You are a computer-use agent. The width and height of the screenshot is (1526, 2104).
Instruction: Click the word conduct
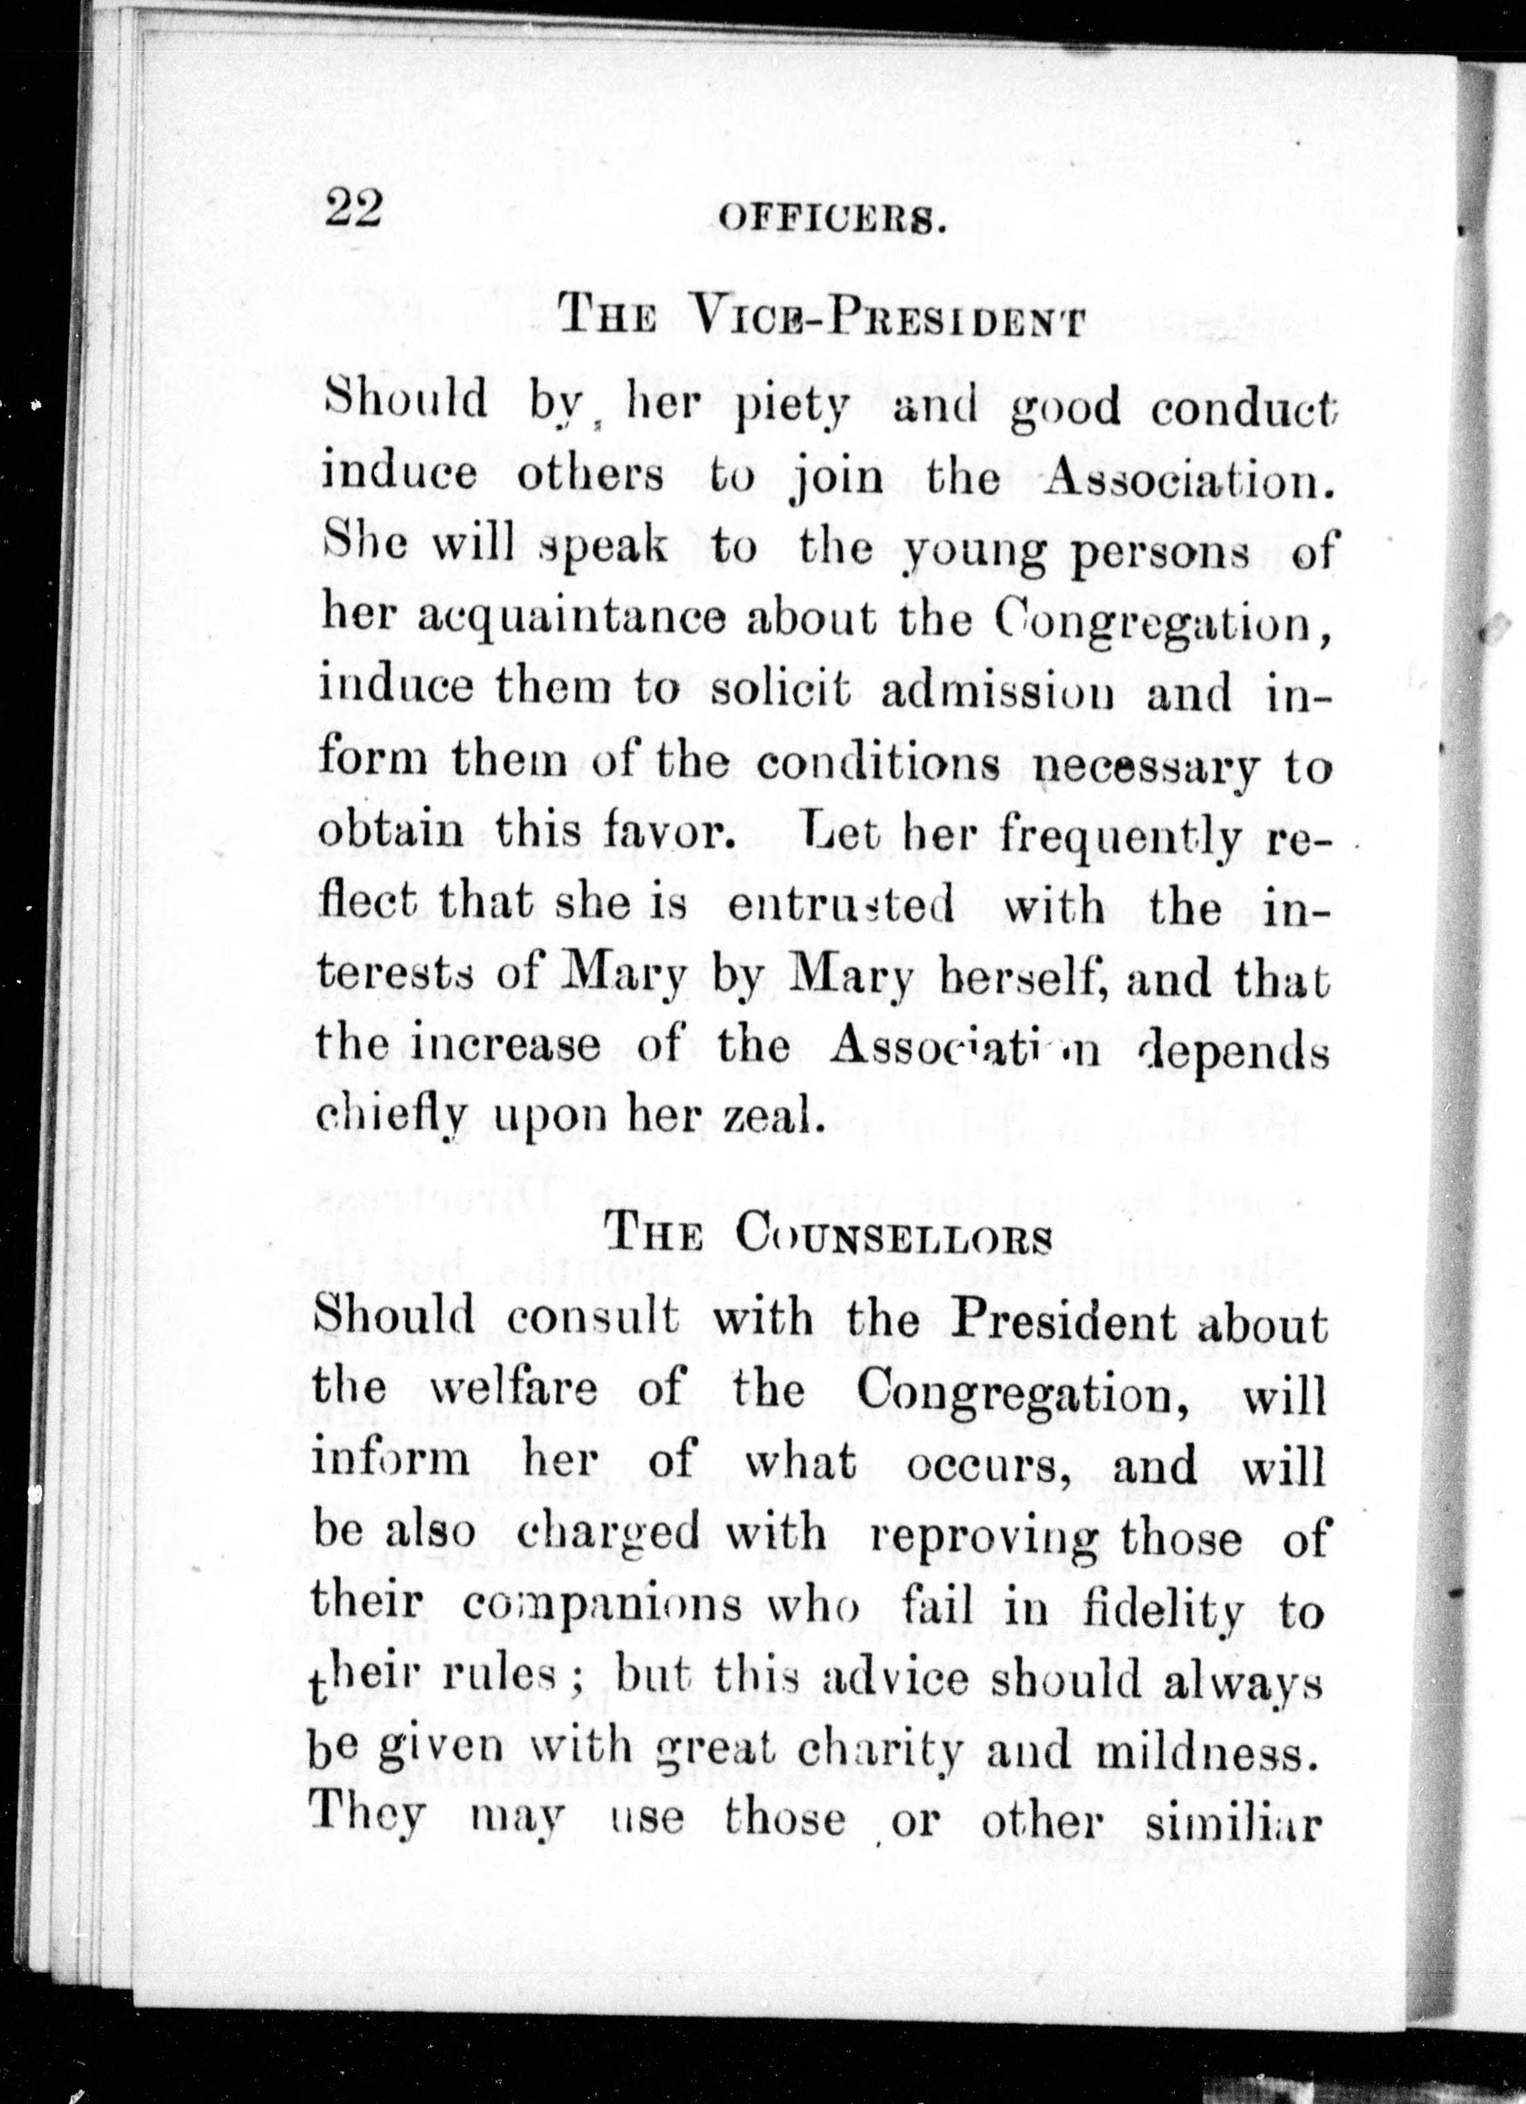click(x=1244, y=406)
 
